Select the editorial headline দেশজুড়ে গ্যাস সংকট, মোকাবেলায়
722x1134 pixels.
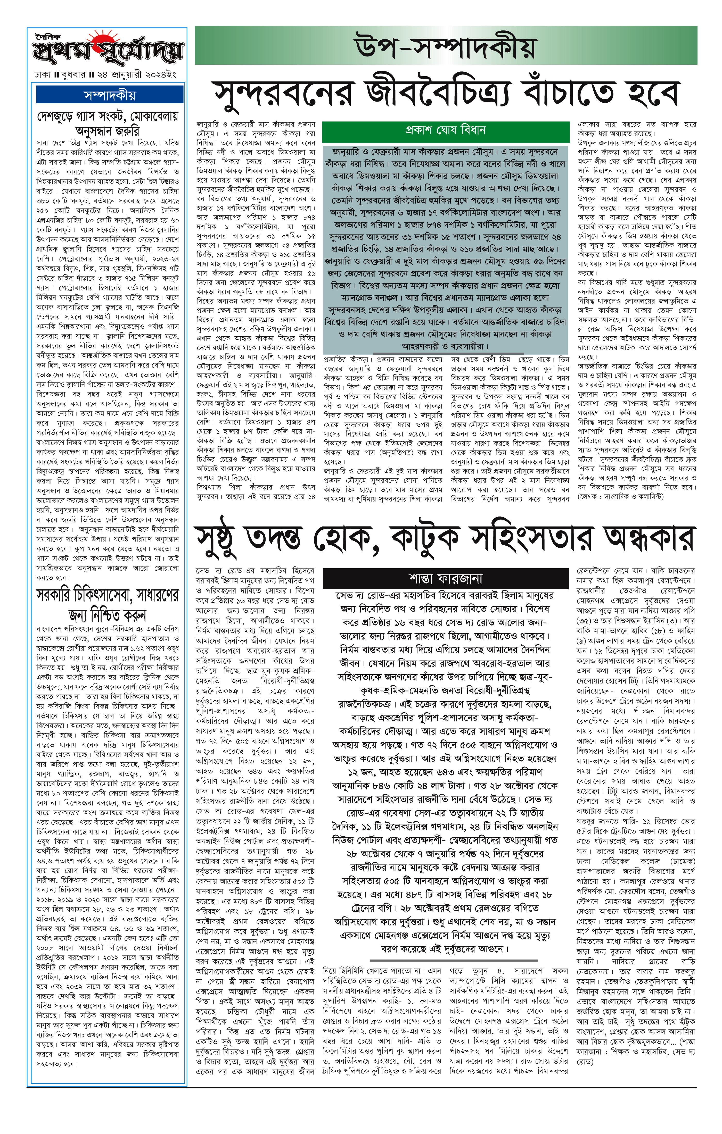(108, 116)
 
